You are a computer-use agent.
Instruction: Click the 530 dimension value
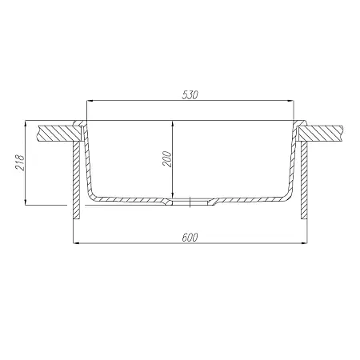click(x=190, y=95)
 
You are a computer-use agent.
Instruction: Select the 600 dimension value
click(x=190, y=237)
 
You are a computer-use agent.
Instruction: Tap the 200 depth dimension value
click(x=167, y=159)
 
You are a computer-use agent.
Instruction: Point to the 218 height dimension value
click(x=20, y=162)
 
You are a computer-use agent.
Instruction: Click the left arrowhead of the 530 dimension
click(x=90, y=101)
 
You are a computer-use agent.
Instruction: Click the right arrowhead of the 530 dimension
click(x=290, y=101)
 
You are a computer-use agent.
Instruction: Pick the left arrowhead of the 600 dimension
click(x=76, y=243)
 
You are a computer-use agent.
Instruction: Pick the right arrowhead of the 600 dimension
click(x=304, y=243)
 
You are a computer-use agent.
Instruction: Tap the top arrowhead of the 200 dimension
click(x=173, y=124)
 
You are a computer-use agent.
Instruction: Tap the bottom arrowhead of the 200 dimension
click(x=173, y=195)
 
